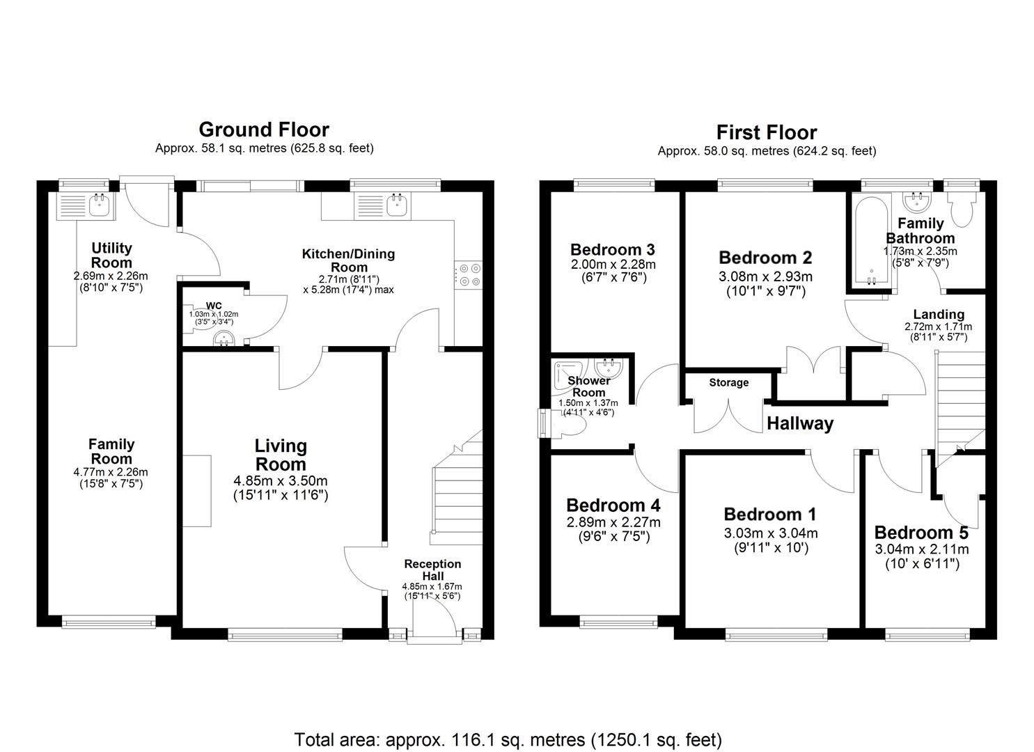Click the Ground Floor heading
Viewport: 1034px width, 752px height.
click(263, 130)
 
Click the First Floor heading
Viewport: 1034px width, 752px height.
click(766, 132)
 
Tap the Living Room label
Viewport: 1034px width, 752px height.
click(280, 455)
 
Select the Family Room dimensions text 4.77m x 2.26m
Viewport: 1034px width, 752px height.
click(111, 472)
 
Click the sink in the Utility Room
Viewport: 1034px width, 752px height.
click(99, 205)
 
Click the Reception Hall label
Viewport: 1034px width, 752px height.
click(432, 570)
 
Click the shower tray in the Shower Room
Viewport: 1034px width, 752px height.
click(569, 377)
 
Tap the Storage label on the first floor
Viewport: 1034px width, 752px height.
click(728, 382)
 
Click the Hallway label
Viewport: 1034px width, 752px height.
click(799, 423)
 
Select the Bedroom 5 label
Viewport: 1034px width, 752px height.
click(921, 533)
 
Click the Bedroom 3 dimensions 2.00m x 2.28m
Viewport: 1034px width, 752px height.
click(613, 265)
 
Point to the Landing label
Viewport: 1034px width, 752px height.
click(938, 314)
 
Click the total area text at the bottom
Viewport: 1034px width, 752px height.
click(508, 739)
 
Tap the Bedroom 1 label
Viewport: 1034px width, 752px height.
click(769, 514)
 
